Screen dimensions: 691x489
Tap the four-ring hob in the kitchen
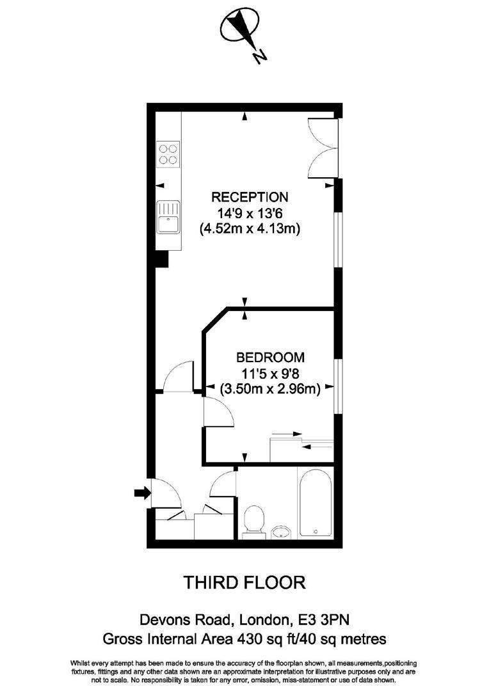click(x=168, y=154)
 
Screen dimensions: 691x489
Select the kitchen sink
click(x=168, y=216)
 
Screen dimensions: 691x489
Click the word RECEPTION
click(x=250, y=196)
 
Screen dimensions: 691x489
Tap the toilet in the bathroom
click(x=254, y=520)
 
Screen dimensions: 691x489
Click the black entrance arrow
click(x=141, y=493)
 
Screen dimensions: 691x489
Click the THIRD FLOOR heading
click(x=244, y=583)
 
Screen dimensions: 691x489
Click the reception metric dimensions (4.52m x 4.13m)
click(x=250, y=228)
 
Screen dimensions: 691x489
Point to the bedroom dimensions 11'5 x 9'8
click(x=270, y=372)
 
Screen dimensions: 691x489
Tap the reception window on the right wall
click(x=340, y=237)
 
